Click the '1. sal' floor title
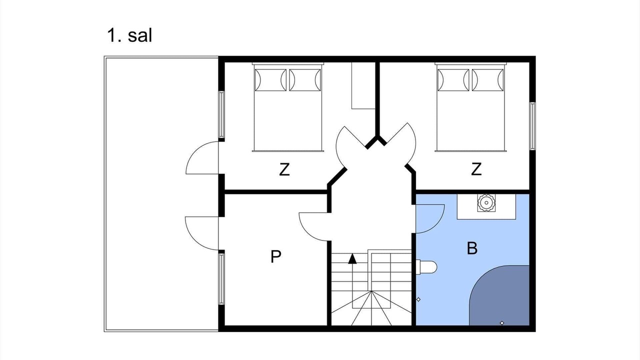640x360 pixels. tap(129, 35)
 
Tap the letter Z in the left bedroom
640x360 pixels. tap(284, 169)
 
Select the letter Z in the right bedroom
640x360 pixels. tap(476, 169)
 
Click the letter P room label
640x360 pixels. tap(275, 256)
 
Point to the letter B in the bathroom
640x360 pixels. tap(472, 248)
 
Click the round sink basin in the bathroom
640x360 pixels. tap(486, 203)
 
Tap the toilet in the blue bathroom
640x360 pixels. tap(426, 267)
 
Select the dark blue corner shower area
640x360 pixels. tap(499, 295)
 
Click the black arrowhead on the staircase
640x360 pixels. tap(352, 258)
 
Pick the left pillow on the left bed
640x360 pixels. tap(270, 80)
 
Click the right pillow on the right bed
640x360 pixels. tap(487, 80)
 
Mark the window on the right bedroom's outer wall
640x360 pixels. tap(532, 126)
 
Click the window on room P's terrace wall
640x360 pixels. tap(221, 279)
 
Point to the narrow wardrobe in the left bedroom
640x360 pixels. tap(363, 85)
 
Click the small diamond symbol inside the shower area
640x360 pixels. tap(502, 323)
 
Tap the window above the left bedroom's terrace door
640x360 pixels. tap(221, 114)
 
